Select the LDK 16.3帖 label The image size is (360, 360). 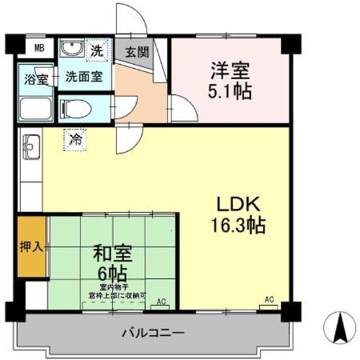(238, 214)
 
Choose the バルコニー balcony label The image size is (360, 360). (153, 331)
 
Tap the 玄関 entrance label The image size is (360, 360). (137, 52)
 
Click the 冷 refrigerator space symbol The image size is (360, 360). (76, 139)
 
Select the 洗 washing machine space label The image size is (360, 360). (97, 50)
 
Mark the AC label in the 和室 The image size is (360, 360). (160, 302)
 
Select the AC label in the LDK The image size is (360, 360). (269, 300)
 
